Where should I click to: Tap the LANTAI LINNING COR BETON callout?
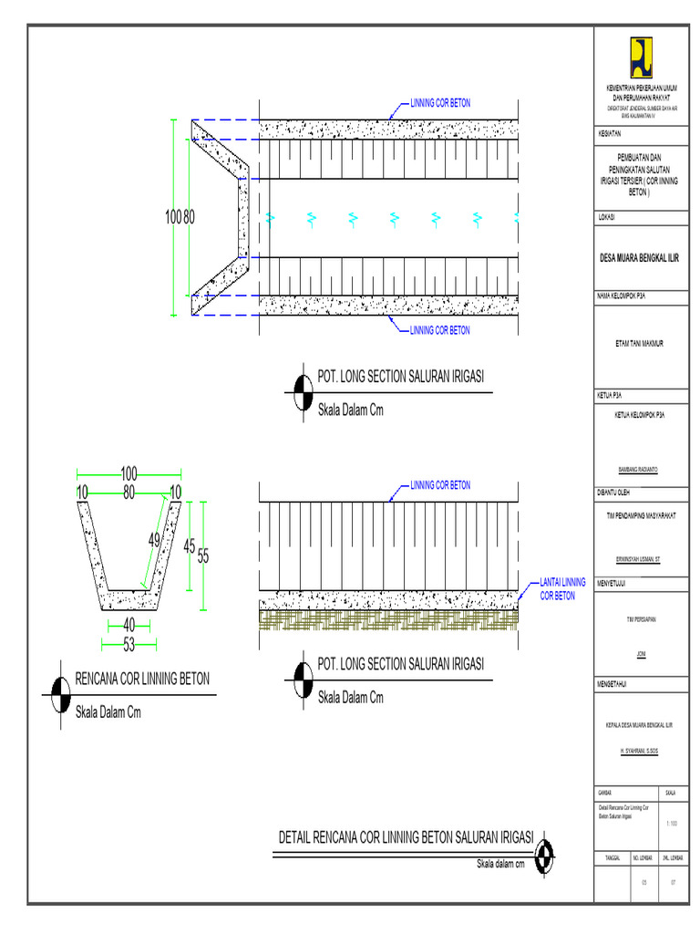pyautogui.click(x=562, y=588)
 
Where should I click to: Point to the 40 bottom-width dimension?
pyautogui.click(x=129, y=625)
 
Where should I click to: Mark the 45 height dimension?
pyautogui.click(x=190, y=546)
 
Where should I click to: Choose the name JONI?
pyautogui.click(x=640, y=655)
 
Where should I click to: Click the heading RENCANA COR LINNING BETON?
pyautogui.click(x=142, y=679)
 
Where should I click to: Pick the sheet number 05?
pyautogui.click(x=643, y=882)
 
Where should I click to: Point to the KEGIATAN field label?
pyautogui.click(x=610, y=132)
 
